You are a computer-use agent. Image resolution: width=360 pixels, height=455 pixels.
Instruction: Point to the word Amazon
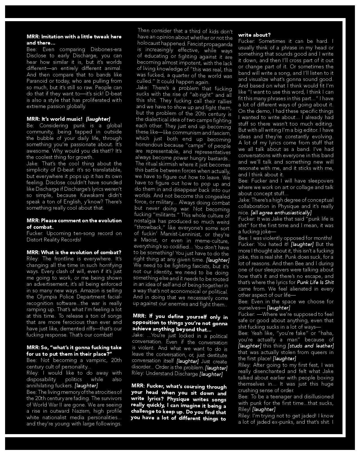click(92, 291)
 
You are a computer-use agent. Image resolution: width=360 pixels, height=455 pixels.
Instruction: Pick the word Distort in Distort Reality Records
click(36, 240)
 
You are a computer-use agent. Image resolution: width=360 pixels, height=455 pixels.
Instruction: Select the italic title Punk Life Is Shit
click(315, 282)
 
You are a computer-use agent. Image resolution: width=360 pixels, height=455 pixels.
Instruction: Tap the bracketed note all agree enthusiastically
click(281, 213)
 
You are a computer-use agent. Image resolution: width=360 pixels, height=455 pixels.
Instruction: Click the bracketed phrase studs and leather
click(311, 346)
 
